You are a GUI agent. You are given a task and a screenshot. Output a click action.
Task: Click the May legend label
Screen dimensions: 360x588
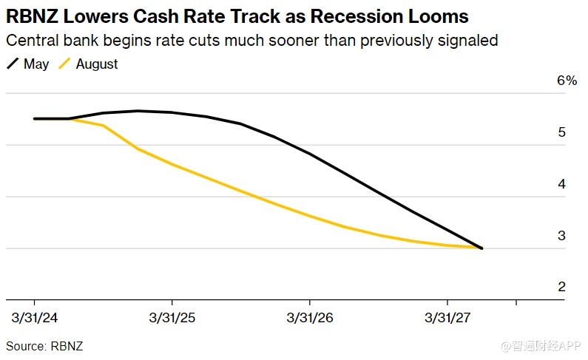pos(36,64)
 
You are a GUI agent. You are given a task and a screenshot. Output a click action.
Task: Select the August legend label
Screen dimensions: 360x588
pos(97,64)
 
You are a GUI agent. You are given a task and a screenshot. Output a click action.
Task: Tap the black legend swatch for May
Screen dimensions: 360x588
pos(13,64)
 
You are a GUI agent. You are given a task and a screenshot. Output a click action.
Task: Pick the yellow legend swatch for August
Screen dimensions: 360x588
pos(64,64)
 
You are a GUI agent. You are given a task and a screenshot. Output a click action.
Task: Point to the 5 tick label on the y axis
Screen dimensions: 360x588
pos(562,133)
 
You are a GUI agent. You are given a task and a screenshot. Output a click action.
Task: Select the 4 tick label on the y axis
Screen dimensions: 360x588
pos(562,184)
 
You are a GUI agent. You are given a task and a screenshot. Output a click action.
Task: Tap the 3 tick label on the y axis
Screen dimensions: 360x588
pos(562,236)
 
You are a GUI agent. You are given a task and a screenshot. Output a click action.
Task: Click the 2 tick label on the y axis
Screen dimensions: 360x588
pos(562,287)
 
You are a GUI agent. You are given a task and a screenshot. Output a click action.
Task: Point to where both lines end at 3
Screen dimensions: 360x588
pos(481,248)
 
